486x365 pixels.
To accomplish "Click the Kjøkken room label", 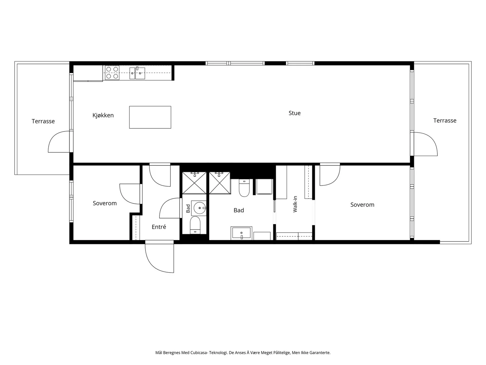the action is [x=103, y=115].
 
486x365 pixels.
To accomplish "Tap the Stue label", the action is [x=294, y=113].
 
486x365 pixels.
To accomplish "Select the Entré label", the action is [x=159, y=227].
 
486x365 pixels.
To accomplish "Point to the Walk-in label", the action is [x=295, y=204].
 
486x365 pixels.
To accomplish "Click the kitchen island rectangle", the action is [x=150, y=117].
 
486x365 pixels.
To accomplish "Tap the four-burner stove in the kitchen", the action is [x=112, y=73].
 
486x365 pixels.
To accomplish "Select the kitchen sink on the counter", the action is [x=137, y=73].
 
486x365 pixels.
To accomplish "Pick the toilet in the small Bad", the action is [x=195, y=225].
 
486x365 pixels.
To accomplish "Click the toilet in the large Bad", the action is [x=244, y=188].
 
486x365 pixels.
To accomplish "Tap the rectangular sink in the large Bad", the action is [x=241, y=233].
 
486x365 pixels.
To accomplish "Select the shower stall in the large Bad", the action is [x=220, y=183].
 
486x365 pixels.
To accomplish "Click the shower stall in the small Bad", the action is [x=194, y=183].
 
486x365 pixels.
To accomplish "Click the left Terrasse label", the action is [x=43, y=121].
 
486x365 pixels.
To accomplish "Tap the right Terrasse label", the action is [x=445, y=120].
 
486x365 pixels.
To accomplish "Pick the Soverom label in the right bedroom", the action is [x=362, y=205].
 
